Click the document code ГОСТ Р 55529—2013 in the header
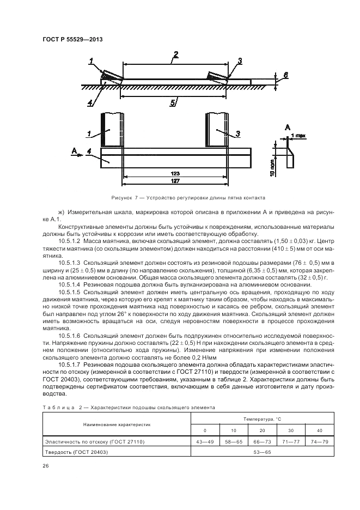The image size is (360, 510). (x=72, y=39)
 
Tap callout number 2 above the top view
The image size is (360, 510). (x=176, y=54)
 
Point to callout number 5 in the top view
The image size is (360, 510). (x=173, y=102)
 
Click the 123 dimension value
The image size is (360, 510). (x=174, y=172)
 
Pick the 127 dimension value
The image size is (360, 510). (x=174, y=180)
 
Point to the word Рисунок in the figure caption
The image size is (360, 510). (x=121, y=198)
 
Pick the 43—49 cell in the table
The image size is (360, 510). (x=204, y=441)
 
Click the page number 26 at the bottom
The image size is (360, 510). (x=46, y=466)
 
